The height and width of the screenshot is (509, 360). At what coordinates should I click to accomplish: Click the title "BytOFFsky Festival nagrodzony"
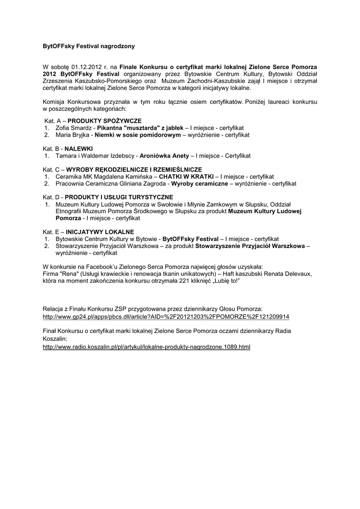click(x=89, y=46)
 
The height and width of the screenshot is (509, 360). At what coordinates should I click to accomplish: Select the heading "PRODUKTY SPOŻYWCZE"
click(x=104, y=121)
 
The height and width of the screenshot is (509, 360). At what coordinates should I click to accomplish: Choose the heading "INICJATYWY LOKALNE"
click(x=100, y=232)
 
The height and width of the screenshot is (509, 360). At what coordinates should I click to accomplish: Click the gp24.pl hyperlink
click(x=166, y=316)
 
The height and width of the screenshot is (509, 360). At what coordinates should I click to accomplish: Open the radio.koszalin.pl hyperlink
click(x=146, y=346)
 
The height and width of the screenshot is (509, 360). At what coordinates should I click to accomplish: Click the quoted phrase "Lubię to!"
click(x=227, y=281)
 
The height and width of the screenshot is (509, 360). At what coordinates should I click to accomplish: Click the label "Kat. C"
click(x=51, y=170)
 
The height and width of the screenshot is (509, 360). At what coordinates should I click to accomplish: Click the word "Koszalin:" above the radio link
click(x=55, y=338)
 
